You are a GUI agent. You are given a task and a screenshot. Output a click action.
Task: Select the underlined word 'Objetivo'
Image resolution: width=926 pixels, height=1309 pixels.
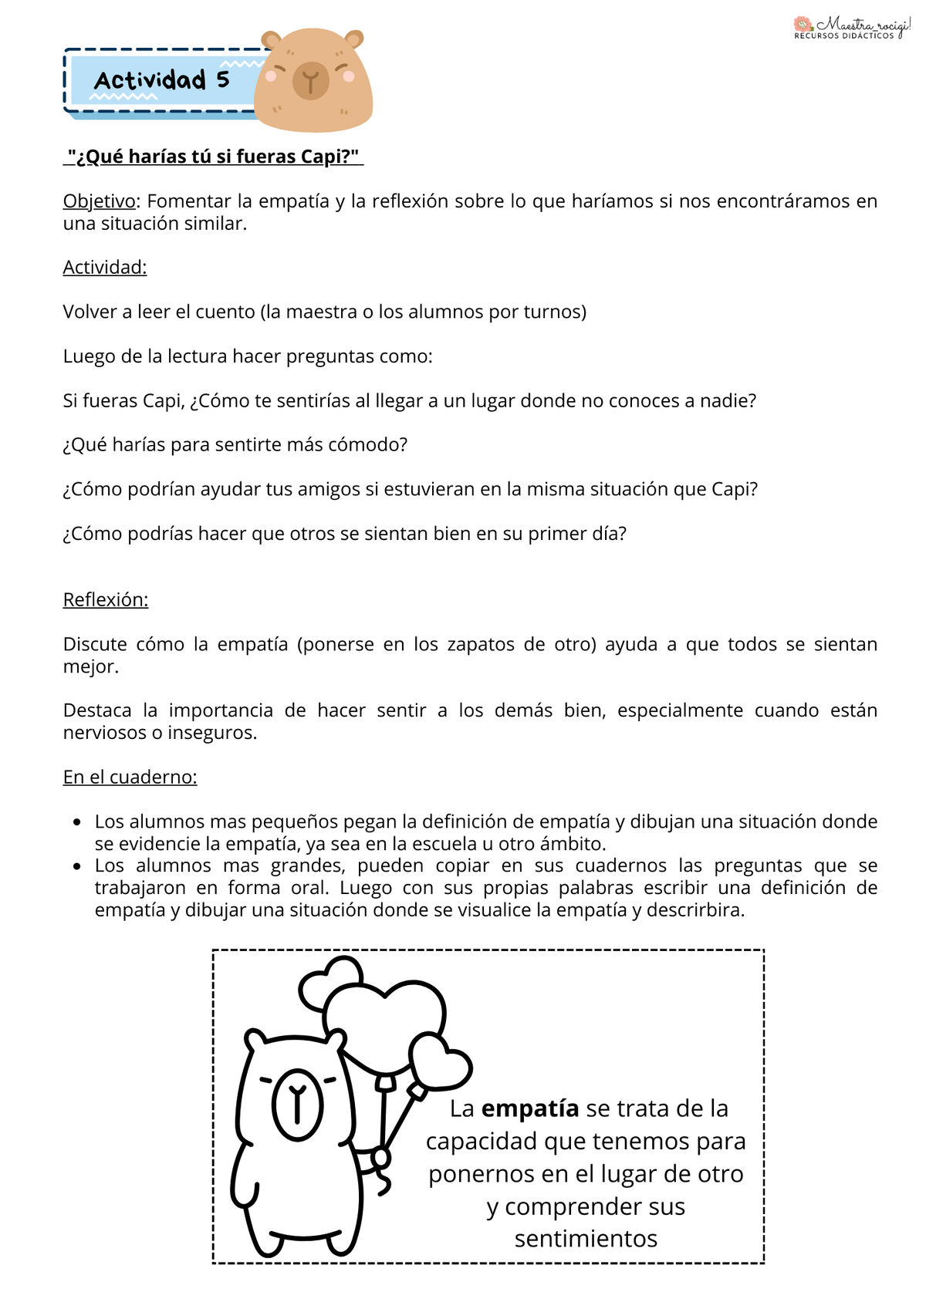click(x=99, y=201)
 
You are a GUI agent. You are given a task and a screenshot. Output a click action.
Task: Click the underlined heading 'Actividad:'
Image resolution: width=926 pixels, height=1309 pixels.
click(x=105, y=268)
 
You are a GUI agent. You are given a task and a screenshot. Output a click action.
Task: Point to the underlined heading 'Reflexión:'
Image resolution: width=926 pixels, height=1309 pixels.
click(x=106, y=600)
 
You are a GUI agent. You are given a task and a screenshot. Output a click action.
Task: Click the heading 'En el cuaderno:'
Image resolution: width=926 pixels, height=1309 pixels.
click(x=130, y=777)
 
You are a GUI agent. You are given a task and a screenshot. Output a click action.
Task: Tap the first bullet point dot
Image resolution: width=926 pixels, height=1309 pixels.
click(x=77, y=822)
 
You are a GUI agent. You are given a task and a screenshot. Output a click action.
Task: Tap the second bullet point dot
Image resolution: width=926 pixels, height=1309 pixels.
click(x=77, y=866)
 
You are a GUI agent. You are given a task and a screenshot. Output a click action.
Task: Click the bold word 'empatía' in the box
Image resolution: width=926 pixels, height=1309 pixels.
click(x=529, y=1108)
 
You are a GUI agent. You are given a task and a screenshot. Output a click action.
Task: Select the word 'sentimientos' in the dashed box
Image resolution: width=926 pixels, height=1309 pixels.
click(x=586, y=1238)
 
